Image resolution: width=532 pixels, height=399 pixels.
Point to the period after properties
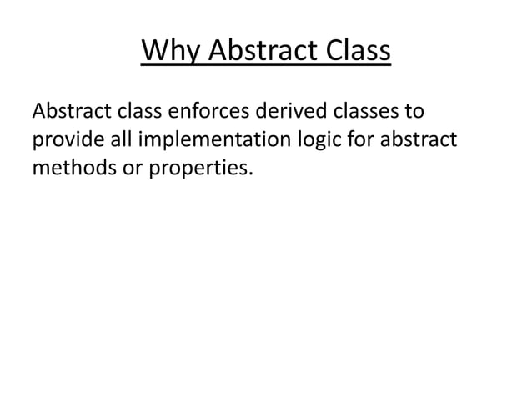pyautogui.click(x=248, y=175)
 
